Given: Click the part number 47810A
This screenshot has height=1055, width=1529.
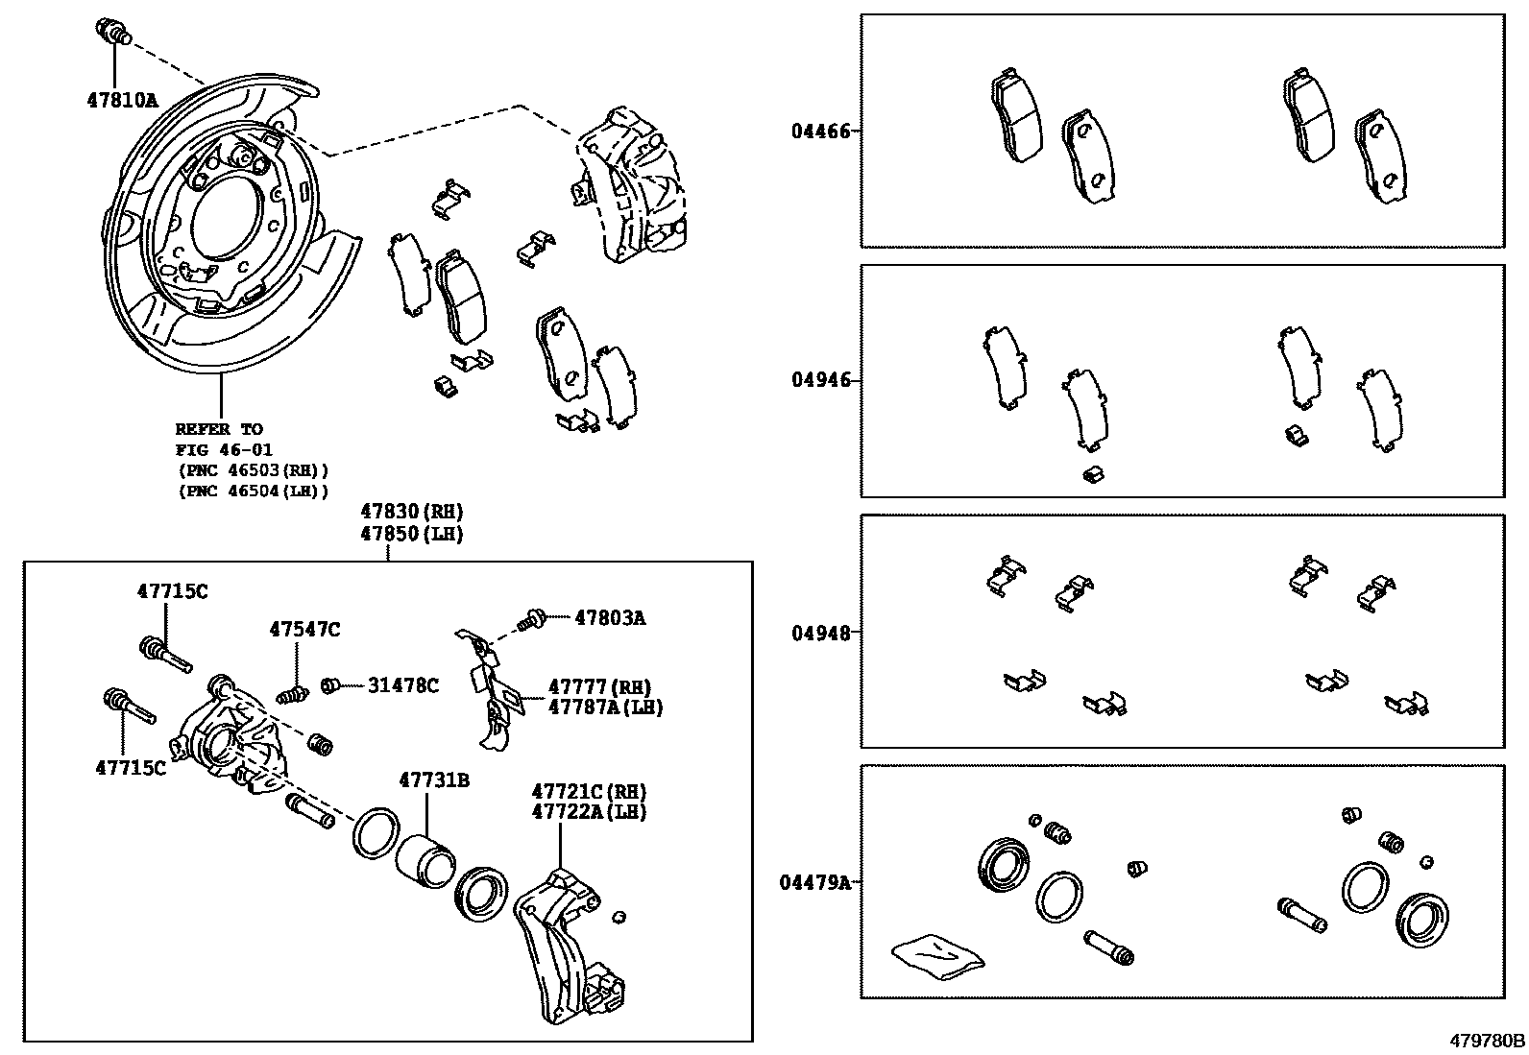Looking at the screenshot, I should [121, 99].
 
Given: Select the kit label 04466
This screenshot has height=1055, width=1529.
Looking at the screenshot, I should [820, 131].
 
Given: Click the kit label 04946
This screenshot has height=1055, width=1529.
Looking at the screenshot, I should [820, 380].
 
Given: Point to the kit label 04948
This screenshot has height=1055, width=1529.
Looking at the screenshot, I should [820, 633].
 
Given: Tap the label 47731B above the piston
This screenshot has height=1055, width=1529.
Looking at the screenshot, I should [434, 780].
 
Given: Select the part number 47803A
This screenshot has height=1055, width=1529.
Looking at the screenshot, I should [610, 618].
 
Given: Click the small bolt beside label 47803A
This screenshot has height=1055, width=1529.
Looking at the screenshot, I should [530, 619].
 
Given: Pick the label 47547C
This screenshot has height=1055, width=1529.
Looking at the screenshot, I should [304, 630].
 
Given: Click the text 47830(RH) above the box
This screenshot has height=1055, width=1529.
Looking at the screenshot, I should [412, 513].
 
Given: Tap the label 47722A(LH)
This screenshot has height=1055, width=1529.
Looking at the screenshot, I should [589, 812].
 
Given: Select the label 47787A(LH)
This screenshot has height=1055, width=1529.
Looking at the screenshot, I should [605, 707].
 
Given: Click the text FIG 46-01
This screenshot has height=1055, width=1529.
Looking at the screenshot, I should [224, 449].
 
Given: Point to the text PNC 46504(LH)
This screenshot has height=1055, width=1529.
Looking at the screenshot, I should [254, 492].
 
